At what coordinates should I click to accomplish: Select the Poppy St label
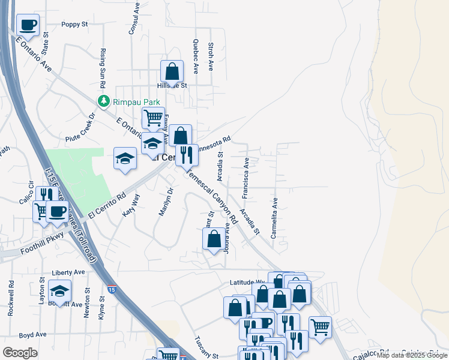pos(74,25)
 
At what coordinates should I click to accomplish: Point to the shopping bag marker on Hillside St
pos(172,72)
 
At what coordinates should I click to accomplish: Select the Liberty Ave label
pos(68,272)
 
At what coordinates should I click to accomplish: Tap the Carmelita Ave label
pos(274,219)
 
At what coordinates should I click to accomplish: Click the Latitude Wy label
pos(247,282)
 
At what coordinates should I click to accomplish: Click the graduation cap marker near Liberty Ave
pos(59,292)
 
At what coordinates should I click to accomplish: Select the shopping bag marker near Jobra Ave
pos(214,240)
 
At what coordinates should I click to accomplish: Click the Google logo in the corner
pos(20,352)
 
